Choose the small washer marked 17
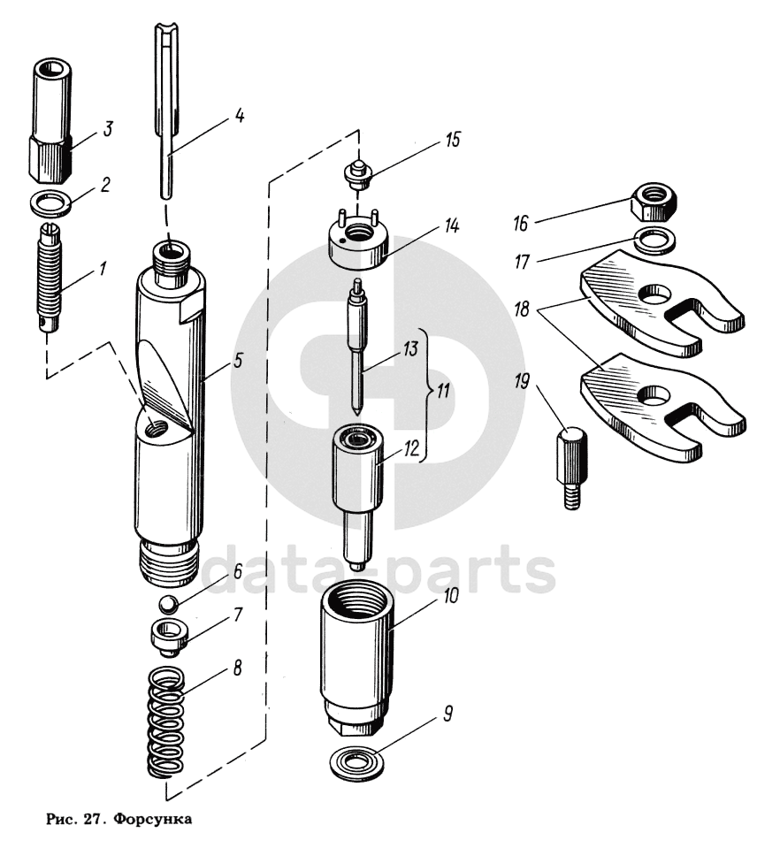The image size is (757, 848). point(654,240)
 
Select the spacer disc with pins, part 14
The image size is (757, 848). point(358,241)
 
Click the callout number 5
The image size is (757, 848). point(238,361)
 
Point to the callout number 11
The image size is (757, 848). point(443,391)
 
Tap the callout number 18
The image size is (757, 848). point(522,309)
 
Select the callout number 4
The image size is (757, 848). point(240,115)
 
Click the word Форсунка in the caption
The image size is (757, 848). point(152,819)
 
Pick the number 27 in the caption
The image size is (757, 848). point(89,819)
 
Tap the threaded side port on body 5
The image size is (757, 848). point(157,432)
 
